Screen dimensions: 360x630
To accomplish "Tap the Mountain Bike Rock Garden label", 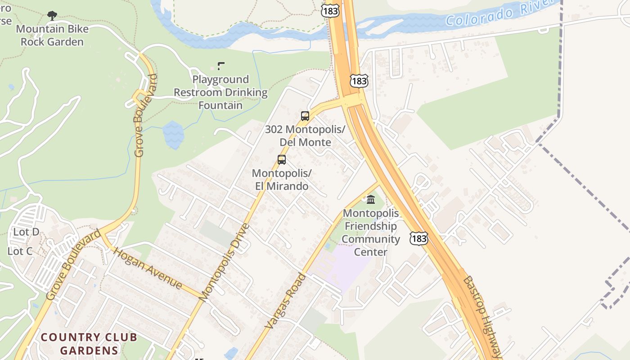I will tap(52, 36).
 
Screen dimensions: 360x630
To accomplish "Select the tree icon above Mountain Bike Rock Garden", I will tap(52, 16).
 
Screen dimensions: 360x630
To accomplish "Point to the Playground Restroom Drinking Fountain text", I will tap(220, 92).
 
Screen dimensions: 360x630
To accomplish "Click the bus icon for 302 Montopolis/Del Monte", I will tap(305, 116).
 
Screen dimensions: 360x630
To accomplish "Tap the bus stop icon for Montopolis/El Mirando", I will tap(282, 160).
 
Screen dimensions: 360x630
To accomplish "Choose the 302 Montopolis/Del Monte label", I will tap(305, 136).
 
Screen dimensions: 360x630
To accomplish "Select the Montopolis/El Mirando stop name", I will tap(282, 180).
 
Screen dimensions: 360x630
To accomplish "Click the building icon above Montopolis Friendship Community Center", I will tap(371, 199).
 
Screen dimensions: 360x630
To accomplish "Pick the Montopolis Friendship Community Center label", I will tap(371, 232).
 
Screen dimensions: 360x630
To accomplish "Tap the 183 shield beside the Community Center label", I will tap(418, 238).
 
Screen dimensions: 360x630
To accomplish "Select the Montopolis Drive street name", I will tap(224, 262).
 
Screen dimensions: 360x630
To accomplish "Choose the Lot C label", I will tap(20, 251).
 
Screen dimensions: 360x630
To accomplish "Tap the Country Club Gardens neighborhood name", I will tap(89, 344).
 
